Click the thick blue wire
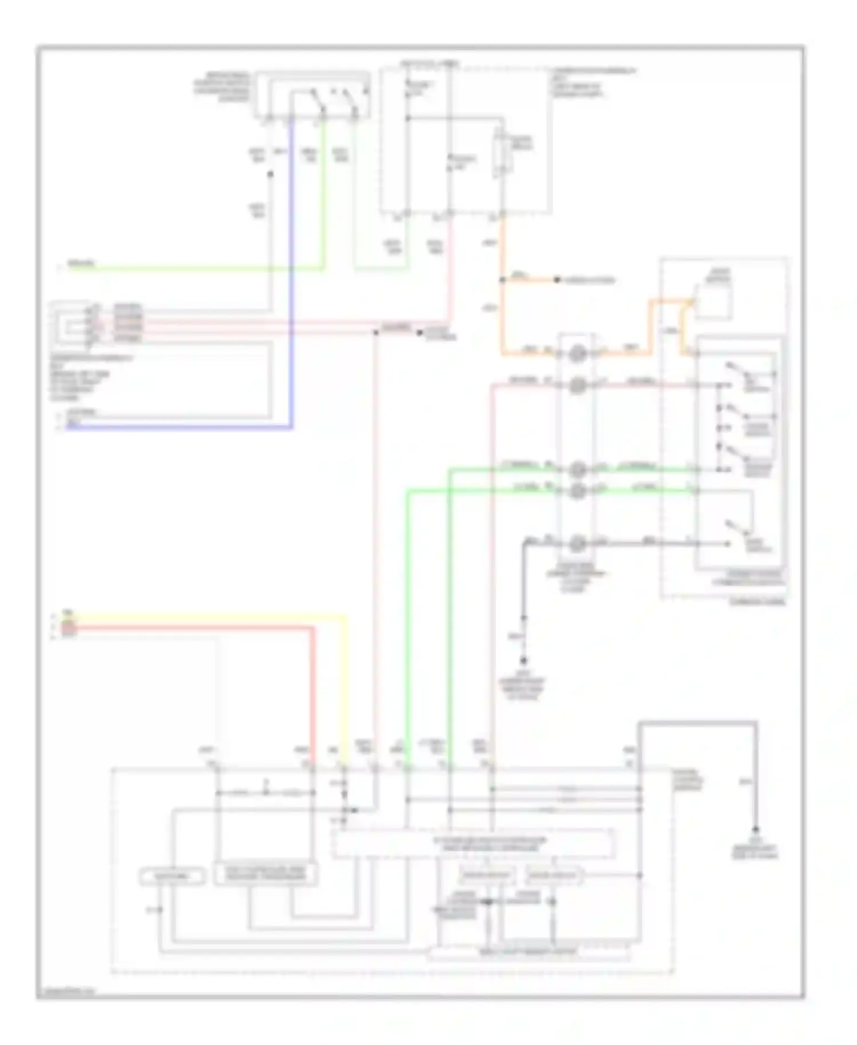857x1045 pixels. click(x=292, y=286)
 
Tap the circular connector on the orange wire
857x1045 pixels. click(x=577, y=354)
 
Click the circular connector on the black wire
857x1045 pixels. click(x=577, y=541)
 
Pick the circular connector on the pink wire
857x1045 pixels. click(x=577, y=385)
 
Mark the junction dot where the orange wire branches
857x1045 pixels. click(x=503, y=280)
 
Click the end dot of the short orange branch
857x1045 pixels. click(x=557, y=280)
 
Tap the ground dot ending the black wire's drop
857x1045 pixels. click(x=523, y=661)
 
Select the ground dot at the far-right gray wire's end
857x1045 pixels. click(x=755, y=829)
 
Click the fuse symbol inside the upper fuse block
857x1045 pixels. click(x=502, y=153)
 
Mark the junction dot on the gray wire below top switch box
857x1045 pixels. click(x=271, y=173)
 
